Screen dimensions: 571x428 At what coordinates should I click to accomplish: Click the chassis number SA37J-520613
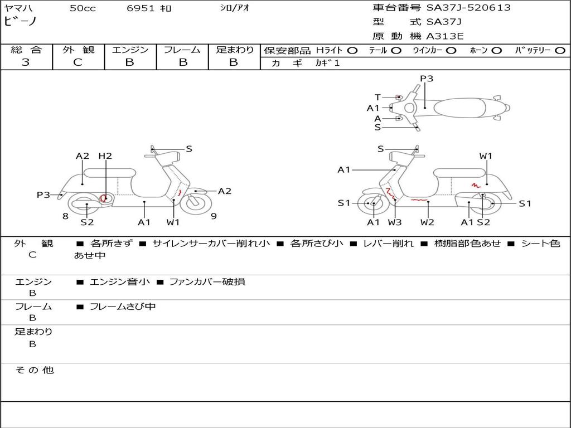click(x=468, y=8)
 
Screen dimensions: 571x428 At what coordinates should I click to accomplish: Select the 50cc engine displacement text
click(x=83, y=8)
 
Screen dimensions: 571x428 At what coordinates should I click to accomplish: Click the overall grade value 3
click(x=26, y=62)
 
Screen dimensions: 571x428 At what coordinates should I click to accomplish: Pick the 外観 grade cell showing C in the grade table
click(x=78, y=62)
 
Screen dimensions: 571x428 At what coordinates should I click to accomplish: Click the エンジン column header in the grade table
click(x=130, y=50)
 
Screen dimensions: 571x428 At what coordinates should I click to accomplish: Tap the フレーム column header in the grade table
click(x=182, y=50)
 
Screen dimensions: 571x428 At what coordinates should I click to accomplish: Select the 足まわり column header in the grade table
click(x=234, y=50)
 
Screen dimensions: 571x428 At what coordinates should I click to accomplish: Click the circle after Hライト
click(x=352, y=50)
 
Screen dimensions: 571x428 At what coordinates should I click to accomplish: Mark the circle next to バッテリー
click(x=560, y=50)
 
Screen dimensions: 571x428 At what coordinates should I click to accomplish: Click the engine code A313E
click(x=446, y=36)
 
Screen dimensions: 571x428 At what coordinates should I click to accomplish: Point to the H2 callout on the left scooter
click(x=105, y=156)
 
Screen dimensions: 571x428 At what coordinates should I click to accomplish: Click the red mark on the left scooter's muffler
click(x=104, y=198)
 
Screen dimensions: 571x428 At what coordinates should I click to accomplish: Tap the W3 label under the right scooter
click(x=395, y=222)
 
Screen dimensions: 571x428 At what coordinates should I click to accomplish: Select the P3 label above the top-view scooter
click(x=427, y=79)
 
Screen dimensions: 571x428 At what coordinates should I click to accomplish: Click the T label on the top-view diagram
click(x=378, y=97)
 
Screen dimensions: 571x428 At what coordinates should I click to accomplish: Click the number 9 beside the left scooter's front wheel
click(x=214, y=216)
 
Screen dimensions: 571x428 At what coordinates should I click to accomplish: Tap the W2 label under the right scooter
click(x=428, y=222)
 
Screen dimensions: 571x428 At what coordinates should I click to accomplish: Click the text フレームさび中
click(x=123, y=307)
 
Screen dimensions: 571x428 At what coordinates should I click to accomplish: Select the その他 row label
click(x=34, y=370)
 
